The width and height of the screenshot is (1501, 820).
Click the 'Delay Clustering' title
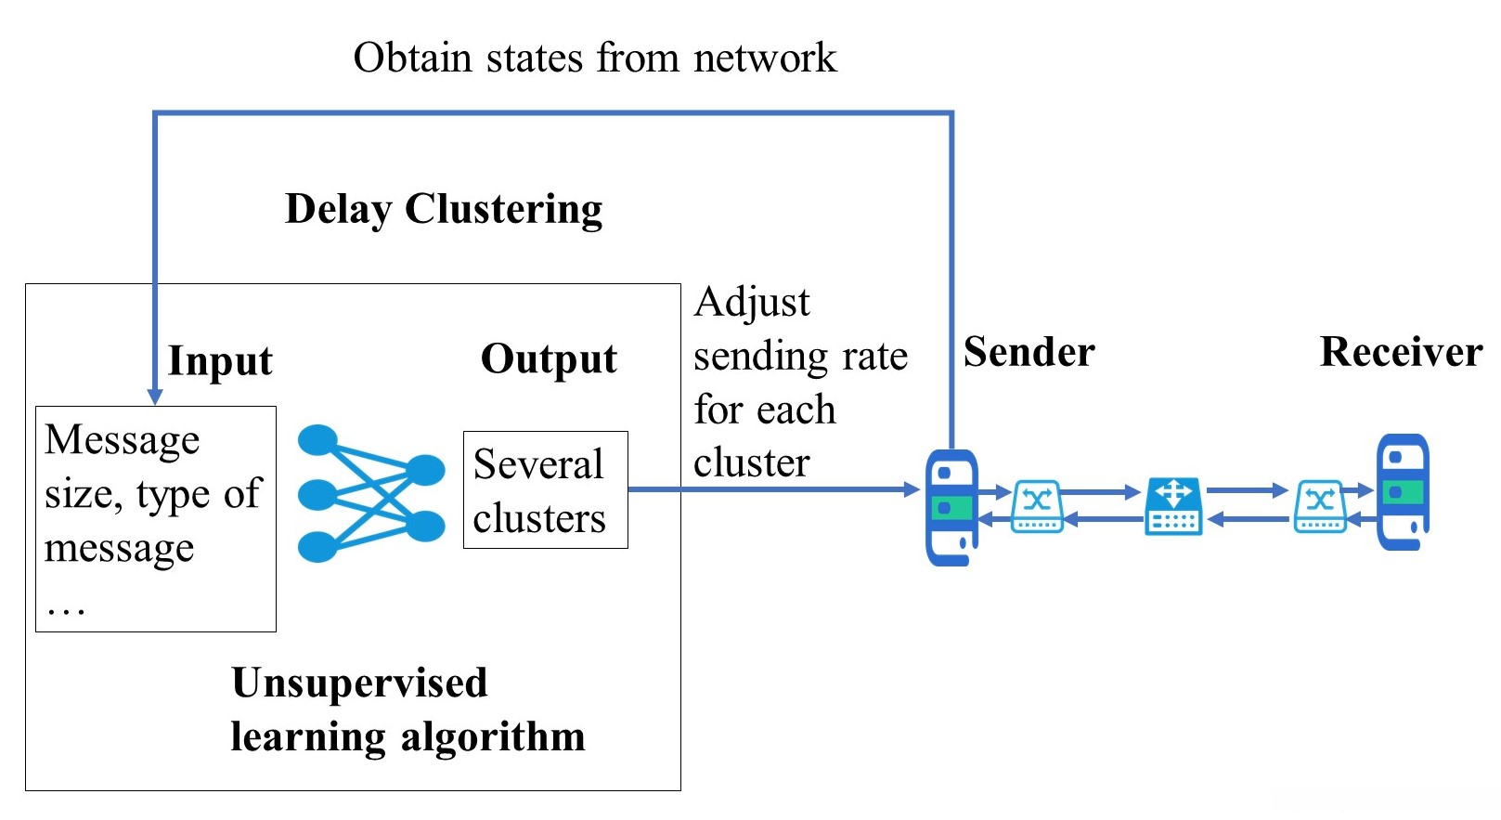pos(444,209)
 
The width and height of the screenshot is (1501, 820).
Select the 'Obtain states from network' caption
pos(595,58)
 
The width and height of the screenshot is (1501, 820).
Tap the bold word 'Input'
pos(220,360)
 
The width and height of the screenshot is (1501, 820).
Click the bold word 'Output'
pos(549,359)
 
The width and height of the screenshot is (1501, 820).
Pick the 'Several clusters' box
pos(545,490)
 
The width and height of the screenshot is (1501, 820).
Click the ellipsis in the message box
pos(66,609)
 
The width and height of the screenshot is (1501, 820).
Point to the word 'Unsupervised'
pos(359,683)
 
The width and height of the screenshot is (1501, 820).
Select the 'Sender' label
pos(1029,352)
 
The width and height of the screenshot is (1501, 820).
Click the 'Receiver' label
pos(1400,352)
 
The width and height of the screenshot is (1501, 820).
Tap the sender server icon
pos(951,508)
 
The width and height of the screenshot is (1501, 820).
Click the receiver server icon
pos(1403,492)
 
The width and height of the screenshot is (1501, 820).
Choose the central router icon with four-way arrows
pos(1173,506)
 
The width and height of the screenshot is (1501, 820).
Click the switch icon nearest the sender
pos(1037,506)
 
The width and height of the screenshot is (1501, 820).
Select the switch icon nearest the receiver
pos(1320,506)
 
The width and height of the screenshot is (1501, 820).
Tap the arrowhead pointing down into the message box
pos(155,397)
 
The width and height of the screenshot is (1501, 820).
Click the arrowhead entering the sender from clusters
pos(912,489)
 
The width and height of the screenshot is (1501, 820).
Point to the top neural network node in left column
pos(317,440)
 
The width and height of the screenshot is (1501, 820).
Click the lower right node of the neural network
pos(426,526)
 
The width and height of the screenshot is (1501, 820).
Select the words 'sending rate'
pos(800,357)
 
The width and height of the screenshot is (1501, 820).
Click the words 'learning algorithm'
pos(408,736)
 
